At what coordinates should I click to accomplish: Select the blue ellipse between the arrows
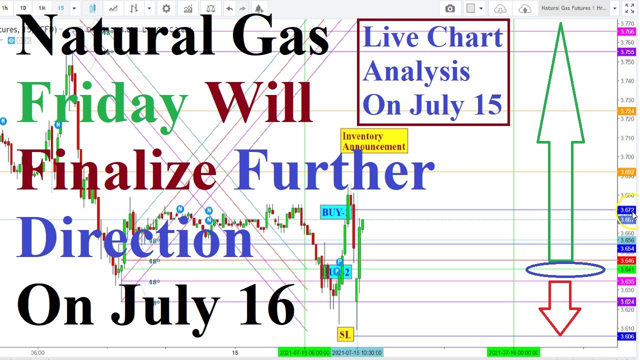pos(565,270)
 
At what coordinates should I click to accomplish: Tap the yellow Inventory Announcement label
pos(374,141)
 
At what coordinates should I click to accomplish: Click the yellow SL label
pos(345,334)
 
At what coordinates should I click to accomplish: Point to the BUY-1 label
pos(333,212)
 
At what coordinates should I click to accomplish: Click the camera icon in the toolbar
pos(450,8)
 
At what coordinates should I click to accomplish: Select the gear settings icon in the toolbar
pos(166,8)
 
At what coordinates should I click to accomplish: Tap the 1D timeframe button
pos(23,8)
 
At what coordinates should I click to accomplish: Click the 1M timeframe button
pos(42,8)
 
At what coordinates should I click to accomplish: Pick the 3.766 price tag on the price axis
pos(627,32)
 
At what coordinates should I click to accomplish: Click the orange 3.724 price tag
pos(627,111)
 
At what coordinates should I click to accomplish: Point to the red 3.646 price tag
pos(627,261)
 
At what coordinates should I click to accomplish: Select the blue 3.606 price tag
pos(627,337)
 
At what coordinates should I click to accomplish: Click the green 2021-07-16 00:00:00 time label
pos(513,353)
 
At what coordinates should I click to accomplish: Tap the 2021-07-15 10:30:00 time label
pos(357,353)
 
